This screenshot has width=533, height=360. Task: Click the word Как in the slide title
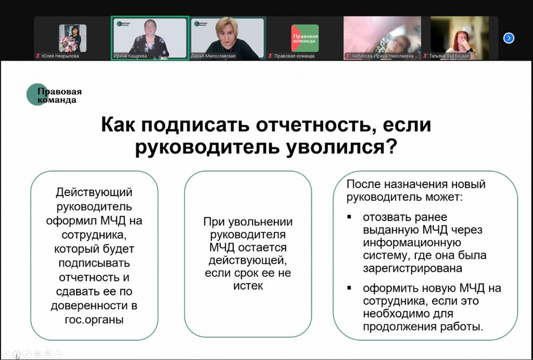click(x=118, y=125)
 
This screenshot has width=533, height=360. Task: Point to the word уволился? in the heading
click(x=341, y=147)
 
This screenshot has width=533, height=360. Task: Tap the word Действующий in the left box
click(x=94, y=192)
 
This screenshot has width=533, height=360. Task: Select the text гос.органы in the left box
click(x=94, y=320)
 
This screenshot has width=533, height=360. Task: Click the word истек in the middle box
click(x=248, y=286)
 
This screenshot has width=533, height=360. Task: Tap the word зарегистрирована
click(x=413, y=268)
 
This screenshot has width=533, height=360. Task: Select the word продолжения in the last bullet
click(x=400, y=327)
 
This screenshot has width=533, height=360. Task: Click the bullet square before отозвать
click(x=349, y=217)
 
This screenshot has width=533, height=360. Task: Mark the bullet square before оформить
click(x=349, y=288)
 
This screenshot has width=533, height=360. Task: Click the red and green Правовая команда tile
click(x=305, y=38)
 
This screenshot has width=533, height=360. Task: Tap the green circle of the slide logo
click(x=37, y=95)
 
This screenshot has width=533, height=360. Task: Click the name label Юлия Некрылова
click(x=60, y=56)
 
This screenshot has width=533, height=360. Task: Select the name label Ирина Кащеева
click(x=130, y=56)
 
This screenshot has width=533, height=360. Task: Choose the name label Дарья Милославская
click(x=213, y=56)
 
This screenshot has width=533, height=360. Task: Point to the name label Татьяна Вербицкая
click(x=449, y=56)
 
